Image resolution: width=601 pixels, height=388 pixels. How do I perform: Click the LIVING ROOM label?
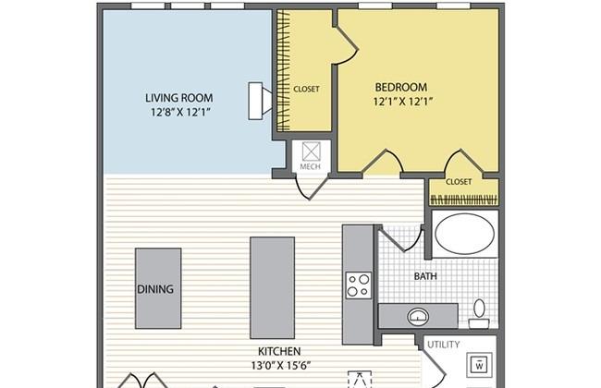point(179,97)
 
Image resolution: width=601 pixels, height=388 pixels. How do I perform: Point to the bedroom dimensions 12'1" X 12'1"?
point(403,102)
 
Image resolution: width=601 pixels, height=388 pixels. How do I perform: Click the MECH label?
point(310,167)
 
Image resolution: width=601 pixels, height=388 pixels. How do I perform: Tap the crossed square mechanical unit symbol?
point(310,151)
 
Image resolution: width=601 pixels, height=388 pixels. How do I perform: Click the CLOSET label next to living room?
point(306,89)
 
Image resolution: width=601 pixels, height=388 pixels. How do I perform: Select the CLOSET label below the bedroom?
point(459,182)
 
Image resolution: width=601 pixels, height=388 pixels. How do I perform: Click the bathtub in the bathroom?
point(465,234)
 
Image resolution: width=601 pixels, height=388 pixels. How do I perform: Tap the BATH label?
point(425,275)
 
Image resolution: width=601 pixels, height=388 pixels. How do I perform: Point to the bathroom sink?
point(418,316)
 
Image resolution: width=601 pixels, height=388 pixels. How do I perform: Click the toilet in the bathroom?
point(480,311)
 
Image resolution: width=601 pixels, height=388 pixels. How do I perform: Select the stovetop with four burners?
point(358,285)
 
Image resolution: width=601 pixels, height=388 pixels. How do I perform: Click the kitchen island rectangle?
point(272,287)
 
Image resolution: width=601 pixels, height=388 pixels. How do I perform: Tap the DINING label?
point(155,289)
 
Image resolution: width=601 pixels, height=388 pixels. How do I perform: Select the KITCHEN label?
point(276,352)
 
